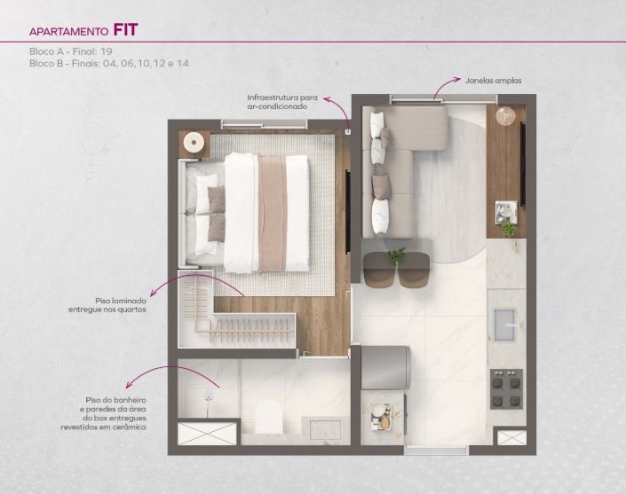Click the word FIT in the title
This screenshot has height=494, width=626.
tap(125, 30)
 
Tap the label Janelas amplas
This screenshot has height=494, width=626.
tap(493, 81)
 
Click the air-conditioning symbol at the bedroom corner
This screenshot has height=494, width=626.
tap(348, 131)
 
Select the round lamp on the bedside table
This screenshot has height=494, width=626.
tap(194, 143)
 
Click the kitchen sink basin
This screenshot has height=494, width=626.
tap(505, 325)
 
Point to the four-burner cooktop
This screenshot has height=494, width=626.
tap(506, 388)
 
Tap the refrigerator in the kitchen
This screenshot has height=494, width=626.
tap(385, 367)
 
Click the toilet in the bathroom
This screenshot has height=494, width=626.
tap(268, 417)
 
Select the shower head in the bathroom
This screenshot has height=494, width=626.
tap(208, 396)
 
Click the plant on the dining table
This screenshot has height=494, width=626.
tap(396, 256)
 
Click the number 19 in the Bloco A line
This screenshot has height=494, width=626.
tap(107, 51)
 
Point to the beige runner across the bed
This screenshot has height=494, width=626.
tap(273, 214)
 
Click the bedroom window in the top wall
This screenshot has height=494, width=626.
tap(265, 124)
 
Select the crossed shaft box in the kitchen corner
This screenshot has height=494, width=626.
tap(511, 438)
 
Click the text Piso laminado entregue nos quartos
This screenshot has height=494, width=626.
tap(107, 305)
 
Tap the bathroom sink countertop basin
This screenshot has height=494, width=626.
tap(325, 430)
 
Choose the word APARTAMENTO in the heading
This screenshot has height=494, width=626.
tap(68, 32)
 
